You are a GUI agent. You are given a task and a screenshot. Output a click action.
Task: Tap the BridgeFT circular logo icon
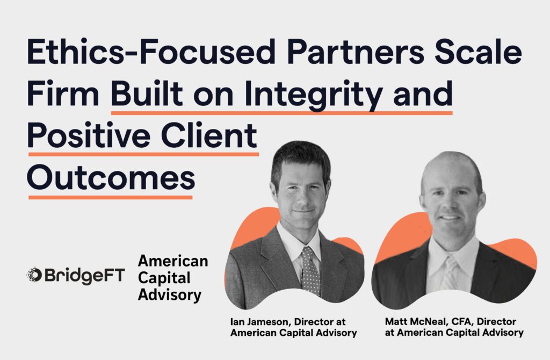34,275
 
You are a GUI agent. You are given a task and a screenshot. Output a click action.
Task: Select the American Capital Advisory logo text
173,278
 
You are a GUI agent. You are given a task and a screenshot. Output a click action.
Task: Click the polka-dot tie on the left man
310,270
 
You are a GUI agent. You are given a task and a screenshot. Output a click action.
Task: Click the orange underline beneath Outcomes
111,197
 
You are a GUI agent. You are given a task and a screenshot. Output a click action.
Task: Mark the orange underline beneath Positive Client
143,154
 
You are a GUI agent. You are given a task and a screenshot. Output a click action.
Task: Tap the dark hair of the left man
300,157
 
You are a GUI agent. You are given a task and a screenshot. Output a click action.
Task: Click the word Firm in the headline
63,93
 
